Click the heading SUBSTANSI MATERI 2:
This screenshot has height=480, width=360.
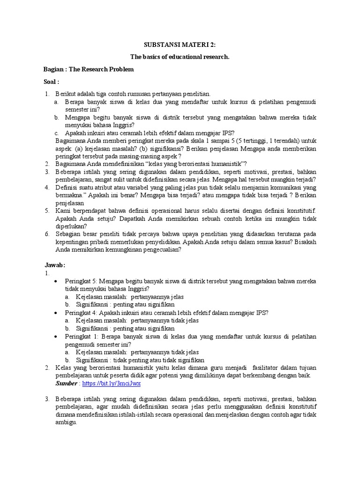[180, 45]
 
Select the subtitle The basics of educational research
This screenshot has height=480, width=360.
[180, 57]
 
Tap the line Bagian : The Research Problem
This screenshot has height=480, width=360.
[89, 69]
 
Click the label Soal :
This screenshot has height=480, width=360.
[52, 82]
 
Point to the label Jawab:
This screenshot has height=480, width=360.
[54, 264]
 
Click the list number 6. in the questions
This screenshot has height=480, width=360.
[47, 234]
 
